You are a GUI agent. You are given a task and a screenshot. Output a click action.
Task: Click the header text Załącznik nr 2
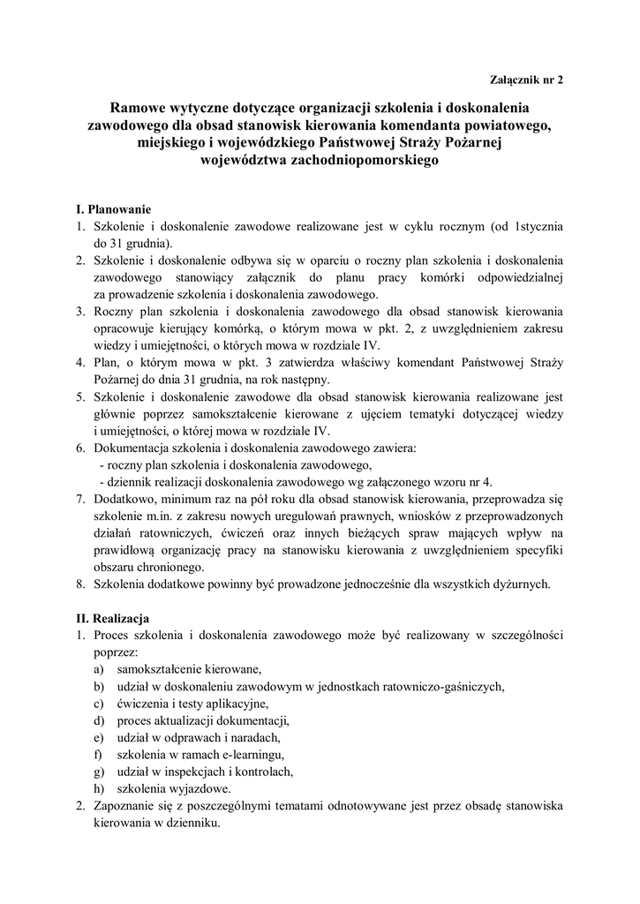525,79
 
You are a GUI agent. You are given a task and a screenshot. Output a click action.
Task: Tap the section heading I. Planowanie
114,209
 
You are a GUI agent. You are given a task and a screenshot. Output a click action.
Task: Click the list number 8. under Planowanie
79,584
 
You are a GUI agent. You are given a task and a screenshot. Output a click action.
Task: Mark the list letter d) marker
97,719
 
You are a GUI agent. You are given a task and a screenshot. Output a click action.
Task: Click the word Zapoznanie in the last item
124,805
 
